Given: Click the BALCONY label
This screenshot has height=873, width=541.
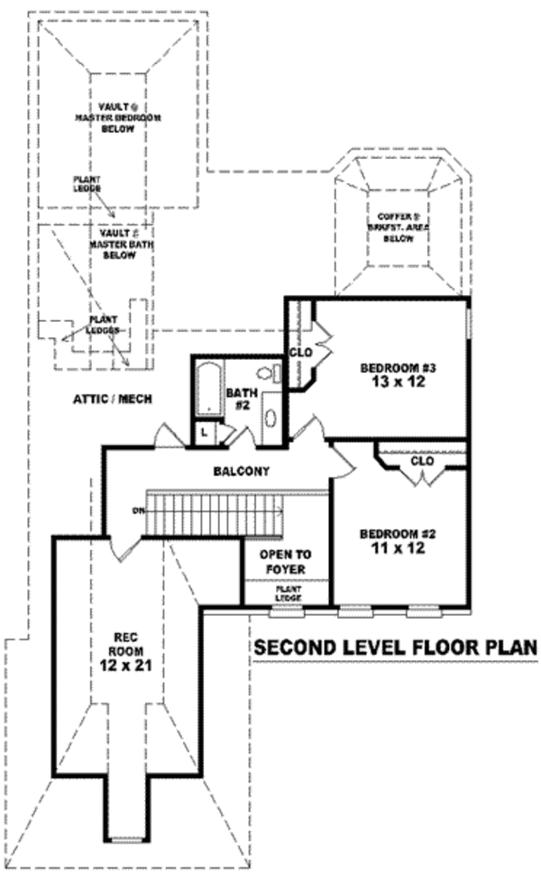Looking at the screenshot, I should [x=242, y=471].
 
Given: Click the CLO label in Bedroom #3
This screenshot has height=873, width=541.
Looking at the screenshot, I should [x=300, y=352].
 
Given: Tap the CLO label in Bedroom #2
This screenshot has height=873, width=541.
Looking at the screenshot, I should [x=422, y=461].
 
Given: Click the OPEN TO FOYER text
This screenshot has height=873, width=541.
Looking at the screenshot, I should [x=280, y=563].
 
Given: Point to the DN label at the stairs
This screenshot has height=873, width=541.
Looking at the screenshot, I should [x=136, y=512].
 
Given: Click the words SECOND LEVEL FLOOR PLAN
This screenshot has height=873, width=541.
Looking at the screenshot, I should [x=394, y=648].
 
